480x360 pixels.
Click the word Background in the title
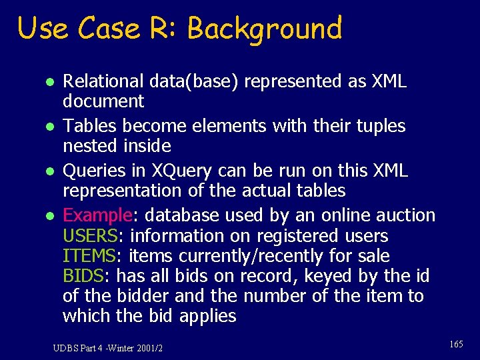click(265, 29)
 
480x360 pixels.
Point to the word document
click(103, 101)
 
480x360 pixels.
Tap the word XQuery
click(175, 170)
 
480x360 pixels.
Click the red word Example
click(97, 215)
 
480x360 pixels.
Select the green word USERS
click(90, 236)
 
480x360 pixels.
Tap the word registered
click(307, 236)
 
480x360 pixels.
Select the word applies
click(207, 316)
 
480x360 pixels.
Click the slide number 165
click(456, 344)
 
